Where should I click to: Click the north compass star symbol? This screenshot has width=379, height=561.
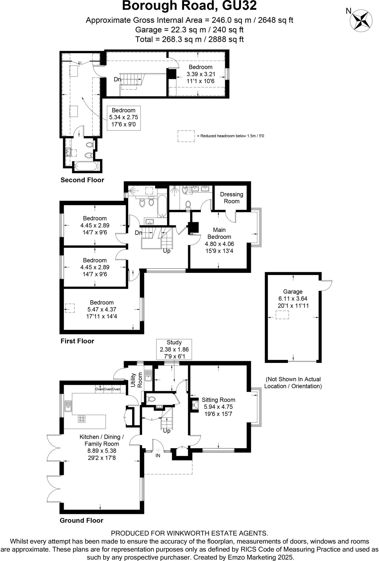(x=361, y=20)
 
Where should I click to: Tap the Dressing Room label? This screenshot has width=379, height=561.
(x=232, y=198)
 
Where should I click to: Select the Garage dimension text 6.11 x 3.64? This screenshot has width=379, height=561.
(x=293, y=299)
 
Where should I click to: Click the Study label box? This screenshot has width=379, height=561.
(x=174, y=349)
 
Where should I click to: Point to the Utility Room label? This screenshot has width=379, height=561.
(x=136, y=380)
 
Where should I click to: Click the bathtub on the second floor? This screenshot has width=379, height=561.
(x=86, y=166)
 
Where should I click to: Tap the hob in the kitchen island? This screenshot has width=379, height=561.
(x=82, y=419)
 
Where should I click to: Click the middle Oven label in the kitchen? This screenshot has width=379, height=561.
(x=108, y=389)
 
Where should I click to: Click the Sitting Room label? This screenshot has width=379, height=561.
(x=218, y=400)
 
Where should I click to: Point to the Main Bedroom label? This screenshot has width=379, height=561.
(x=219, y=233)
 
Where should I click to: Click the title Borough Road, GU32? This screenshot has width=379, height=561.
(x=189, y=6)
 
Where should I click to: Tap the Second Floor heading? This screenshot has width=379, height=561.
(x=82, y=180)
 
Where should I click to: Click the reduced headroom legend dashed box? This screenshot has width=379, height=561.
(x=186, y=136)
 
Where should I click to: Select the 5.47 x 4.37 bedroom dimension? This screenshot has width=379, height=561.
(x=102, y=309)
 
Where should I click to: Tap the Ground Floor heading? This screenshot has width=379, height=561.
(x=81, y=520)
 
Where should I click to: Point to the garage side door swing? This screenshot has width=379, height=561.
(x=327, y=285)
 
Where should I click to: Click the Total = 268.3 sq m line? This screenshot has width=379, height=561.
(x=189, y=39)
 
